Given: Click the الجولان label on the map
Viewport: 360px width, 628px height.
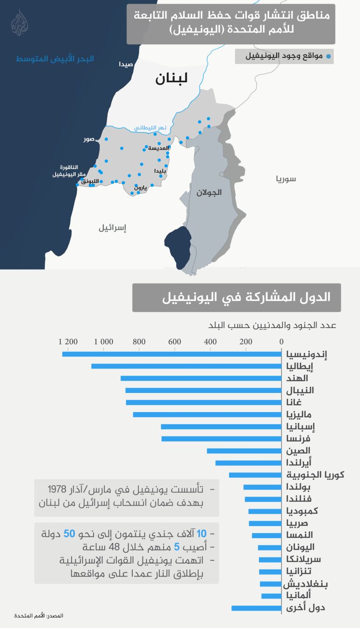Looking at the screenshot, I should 209,192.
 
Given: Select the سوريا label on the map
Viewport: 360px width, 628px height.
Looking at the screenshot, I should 286,179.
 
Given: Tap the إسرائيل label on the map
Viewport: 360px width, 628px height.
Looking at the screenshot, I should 113,228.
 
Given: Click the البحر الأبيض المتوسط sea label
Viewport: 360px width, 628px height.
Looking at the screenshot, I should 55,59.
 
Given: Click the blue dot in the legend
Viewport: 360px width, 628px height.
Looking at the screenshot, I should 328,57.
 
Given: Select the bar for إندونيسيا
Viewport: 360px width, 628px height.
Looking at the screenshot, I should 172,354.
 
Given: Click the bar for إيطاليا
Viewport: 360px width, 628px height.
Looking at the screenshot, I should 186,366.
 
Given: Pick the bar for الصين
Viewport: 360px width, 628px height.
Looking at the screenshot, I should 244,451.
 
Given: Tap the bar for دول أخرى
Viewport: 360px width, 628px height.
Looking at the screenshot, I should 256,608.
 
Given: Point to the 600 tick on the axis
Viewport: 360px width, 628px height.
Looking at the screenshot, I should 175,342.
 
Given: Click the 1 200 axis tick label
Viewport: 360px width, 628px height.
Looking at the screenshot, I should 68,342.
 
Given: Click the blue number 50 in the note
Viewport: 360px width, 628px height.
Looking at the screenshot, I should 69,534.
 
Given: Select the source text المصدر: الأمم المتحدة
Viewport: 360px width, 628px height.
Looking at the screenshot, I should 38,616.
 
